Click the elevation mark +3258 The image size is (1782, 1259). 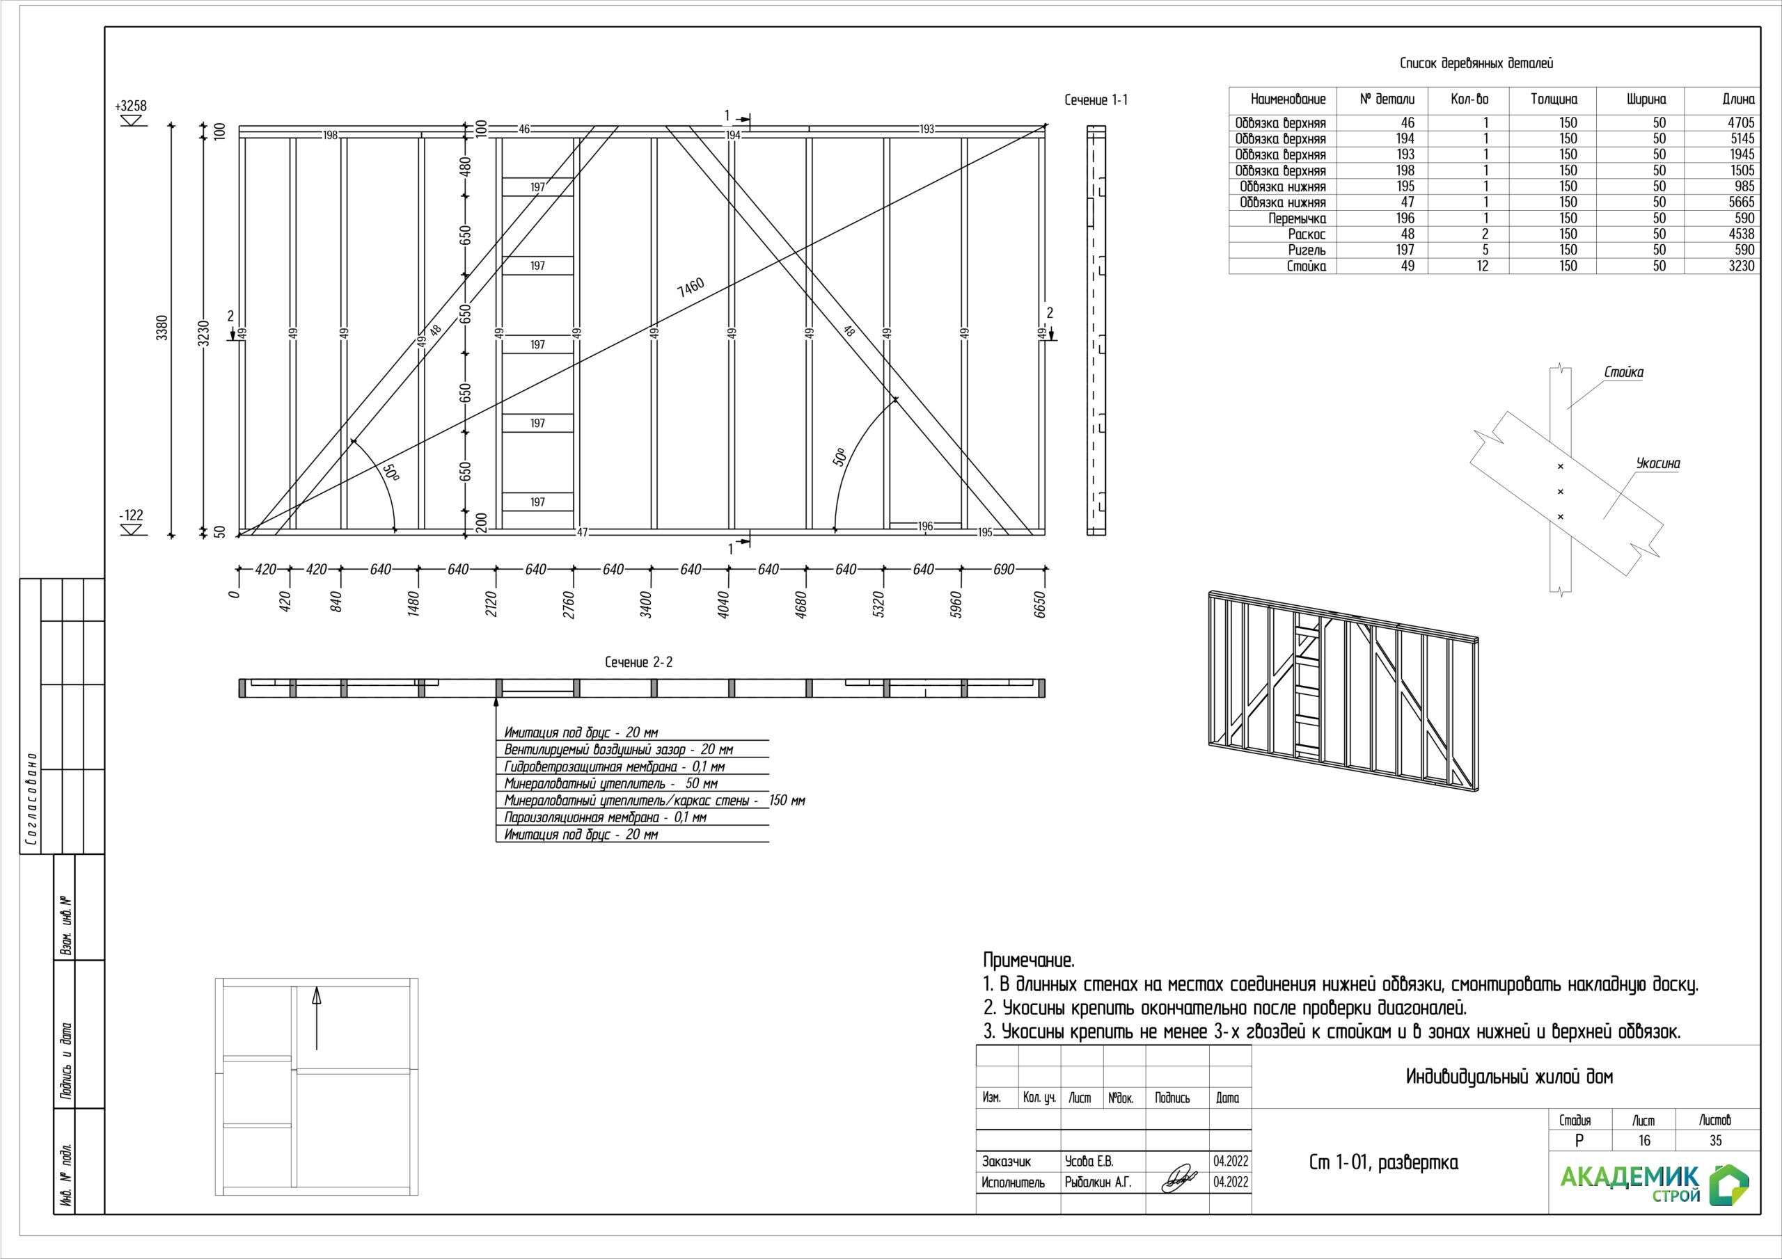(130, 106)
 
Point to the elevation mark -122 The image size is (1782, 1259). (130, 515)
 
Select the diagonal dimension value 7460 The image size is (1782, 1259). (690, 287)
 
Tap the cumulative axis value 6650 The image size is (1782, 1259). (1041, 604)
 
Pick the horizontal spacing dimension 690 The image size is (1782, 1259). (1004, 570)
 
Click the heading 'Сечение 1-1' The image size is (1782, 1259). (1096, 100)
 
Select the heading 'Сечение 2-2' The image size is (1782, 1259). (639, 661)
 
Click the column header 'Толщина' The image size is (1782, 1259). (1554, 99)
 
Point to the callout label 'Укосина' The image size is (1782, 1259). (1658, 464)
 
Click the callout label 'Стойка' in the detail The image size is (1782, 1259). (1624, 372)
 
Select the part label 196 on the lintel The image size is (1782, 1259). (925, 526)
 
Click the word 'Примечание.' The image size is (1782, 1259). (1028, 961)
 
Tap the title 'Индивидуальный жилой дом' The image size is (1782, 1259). (1509, 1077)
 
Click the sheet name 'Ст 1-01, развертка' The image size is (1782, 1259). (1383, 1162)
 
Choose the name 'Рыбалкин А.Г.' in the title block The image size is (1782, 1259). (1098, 1182)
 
